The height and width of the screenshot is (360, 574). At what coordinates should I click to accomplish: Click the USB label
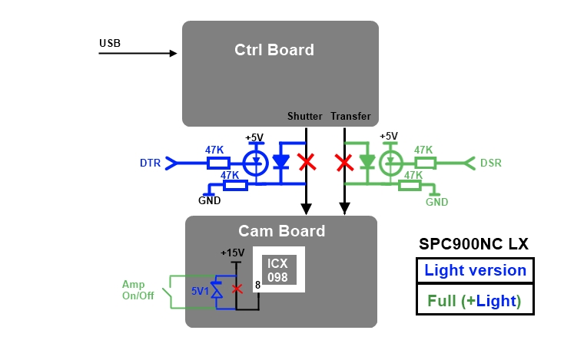click(110, 42)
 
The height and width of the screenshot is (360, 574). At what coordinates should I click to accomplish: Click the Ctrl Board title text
click(274, 50)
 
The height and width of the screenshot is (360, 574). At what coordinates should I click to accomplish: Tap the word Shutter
click(305, 117)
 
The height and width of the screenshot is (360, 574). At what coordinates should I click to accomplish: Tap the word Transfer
click(350, 117)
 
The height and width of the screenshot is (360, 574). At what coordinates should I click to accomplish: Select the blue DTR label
click(151, 163)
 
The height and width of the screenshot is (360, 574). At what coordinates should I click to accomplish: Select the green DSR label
click(491, 163)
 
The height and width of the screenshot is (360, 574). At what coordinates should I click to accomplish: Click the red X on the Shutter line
click(307, 162)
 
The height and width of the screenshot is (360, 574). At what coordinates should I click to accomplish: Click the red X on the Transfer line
click(345, 162)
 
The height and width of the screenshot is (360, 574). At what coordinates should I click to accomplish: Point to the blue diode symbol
click(282, 162)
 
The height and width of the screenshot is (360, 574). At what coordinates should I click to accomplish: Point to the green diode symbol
click(368, 162)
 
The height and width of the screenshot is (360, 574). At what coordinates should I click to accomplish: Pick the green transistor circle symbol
click(392, 163)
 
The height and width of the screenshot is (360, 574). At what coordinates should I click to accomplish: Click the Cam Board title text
click(281, 231)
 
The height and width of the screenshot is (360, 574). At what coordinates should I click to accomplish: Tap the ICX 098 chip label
click(278, 269)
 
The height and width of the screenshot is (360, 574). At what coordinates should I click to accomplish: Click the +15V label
click(232, 253)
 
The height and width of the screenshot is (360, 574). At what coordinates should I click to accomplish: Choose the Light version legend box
click(475, 270)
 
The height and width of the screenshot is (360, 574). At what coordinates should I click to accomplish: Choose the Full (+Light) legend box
click(475, 299)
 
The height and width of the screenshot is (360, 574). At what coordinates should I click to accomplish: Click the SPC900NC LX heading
click(473, 244)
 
